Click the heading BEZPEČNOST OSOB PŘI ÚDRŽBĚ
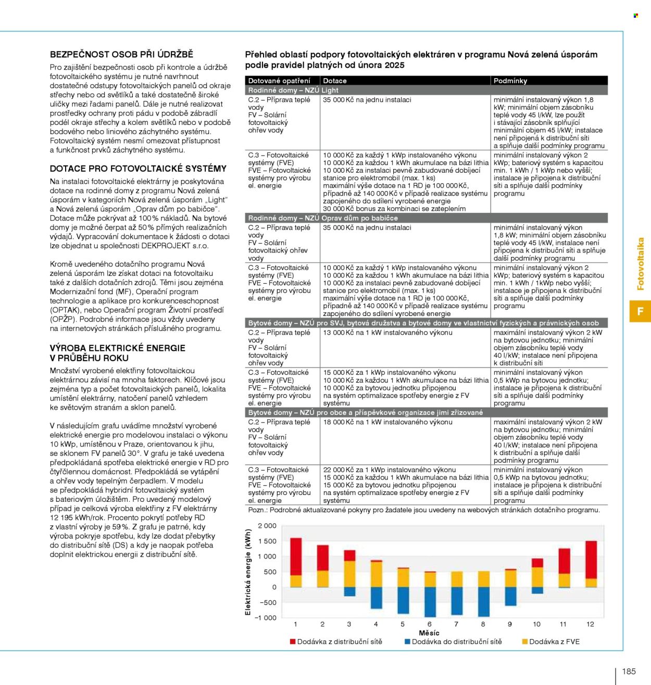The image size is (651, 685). (121, 54)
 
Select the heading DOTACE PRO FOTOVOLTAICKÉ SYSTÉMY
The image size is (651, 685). (138, 169)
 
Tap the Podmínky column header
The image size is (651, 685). (510, 81)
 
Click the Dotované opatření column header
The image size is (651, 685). (279, 81)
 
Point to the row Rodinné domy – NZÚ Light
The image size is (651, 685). (426, 90)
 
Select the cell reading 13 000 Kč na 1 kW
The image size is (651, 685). (387, 333)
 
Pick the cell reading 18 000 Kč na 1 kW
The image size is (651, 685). (387, 422)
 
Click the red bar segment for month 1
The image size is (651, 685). (296, 556)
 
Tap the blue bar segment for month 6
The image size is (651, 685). (430, 602)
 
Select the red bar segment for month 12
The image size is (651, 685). (591, 560)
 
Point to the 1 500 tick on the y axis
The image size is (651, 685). (267, 541)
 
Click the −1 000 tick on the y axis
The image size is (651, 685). (266, 618)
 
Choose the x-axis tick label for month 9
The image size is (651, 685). (510, 624)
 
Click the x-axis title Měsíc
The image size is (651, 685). (429, 633)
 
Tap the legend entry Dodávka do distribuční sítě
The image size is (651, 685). (453, 641)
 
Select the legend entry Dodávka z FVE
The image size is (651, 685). (550, 641)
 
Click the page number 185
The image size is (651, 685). (629, 671)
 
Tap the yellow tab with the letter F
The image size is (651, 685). (640, 311)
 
